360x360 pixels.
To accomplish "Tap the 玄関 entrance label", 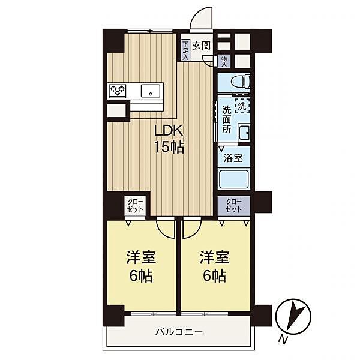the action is click(x=201, y=46).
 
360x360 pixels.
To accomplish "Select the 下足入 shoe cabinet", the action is click(x=185, y=50).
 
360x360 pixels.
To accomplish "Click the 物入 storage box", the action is click(x=224, y=61).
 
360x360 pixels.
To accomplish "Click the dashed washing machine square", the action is click(x=242, y=106).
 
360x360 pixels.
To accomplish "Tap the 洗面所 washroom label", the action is click(x=226, y=120).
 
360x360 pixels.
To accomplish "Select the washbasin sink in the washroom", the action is click(x=244, y=133).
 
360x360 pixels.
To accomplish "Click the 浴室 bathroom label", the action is click(x=233, y=158).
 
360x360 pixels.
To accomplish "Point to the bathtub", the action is click(x=234, y=179).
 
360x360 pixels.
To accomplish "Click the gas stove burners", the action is click(x=118, y=90).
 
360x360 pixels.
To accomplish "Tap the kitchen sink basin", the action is click(x=151, y=91).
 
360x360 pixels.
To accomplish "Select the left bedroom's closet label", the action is click(x=135, y=205).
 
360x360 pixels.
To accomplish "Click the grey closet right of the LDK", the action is click(x=234, y=206).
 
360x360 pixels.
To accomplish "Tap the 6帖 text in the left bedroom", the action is click(x=141, y=275).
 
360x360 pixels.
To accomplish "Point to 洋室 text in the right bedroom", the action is click(x=214, y=257).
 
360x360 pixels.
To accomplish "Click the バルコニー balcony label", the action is click(x=179, y=332).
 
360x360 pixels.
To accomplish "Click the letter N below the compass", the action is click(x=284, y=340).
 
